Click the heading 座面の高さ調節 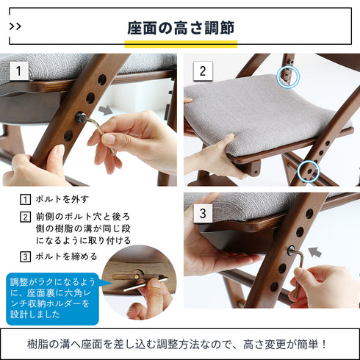[181, 28]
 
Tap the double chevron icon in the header [15, 26]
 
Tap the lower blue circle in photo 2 [309, 171]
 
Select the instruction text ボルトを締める [64, 256]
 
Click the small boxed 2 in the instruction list [25, 217]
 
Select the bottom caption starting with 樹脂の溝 [180, 344]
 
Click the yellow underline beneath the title [181, 43]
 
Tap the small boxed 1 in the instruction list [25, 200]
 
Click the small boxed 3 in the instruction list [25, 256]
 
